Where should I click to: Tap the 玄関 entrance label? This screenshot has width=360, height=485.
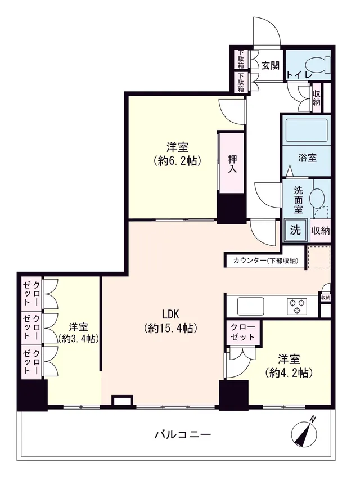(x=271, y=66)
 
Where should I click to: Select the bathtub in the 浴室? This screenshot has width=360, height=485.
(x=306, y=129)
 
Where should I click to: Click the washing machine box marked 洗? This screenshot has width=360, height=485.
(x=295, y=230)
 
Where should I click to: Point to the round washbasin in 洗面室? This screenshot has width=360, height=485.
(x=317, y=196)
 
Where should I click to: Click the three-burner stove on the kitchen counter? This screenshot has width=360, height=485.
(x=297, y=306)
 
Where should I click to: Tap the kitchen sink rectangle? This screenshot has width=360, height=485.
(x=250, y=306)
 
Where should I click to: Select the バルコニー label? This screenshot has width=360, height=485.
(x=183, y=434)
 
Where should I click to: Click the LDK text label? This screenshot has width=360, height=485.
(x=171, y=315)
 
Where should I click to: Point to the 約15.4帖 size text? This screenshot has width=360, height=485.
(x=171, y=328)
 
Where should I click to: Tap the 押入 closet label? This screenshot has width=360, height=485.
(x=232, y=164)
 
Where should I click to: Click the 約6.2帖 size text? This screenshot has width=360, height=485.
(x=178, y=161)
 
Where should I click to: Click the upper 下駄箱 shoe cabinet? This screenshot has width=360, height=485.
(x=241, y=60)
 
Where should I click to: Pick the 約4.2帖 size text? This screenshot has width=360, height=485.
(x=289, y=373)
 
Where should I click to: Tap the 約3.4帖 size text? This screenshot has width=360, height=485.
(x=78, y=339)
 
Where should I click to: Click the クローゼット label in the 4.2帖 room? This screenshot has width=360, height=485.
(x=243, y=332)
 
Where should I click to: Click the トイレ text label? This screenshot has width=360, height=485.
(x=299, y=75)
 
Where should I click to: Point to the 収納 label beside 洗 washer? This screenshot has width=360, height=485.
(x=321, y=231)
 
